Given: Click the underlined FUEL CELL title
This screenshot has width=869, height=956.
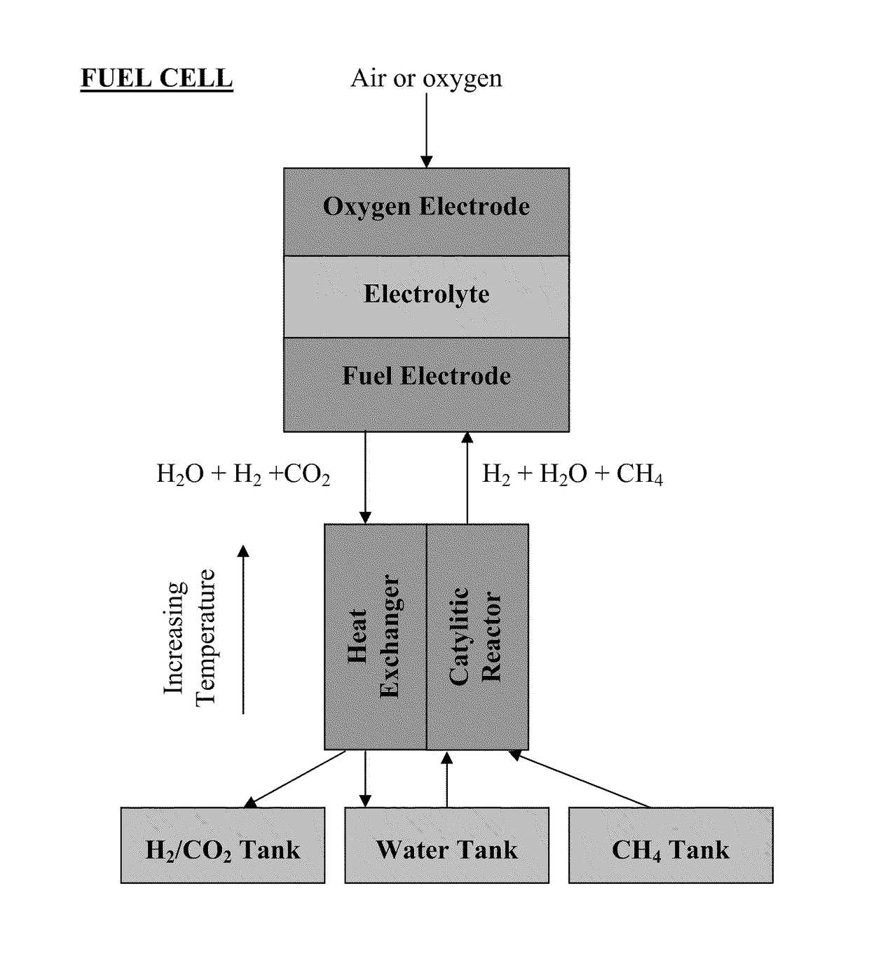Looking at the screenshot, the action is [x=156, y=78].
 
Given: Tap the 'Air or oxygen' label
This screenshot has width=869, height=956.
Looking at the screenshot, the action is [x=426, y=79].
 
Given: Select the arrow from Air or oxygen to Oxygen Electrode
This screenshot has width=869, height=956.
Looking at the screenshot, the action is [x=426, y=130].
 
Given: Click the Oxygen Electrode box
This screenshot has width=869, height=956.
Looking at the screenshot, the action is [x=426, y=212].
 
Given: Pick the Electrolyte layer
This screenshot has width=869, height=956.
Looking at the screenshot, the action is [x=426, y=297].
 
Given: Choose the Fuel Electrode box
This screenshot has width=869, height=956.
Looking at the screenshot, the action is [x=426, y=385].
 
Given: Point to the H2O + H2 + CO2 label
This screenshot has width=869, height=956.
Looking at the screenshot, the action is [x=243, y=475].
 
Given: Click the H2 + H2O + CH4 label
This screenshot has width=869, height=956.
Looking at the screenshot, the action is [x=573, y=475].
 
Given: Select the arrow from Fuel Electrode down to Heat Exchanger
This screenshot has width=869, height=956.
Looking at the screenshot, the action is [x=365, y=478].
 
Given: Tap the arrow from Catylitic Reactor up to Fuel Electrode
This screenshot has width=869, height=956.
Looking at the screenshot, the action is [x=467, y=478].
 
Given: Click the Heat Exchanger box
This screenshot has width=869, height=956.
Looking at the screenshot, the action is [x=376, y=637].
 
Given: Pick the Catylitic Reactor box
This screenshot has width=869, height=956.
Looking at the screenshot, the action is [x=477, y=637].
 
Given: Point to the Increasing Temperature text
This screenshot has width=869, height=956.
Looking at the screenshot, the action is [x=189, y=637].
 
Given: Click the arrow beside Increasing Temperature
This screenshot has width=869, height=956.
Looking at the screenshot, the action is [x=243, y=629].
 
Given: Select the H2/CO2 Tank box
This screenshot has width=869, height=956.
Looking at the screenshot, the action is [x=223, y=845].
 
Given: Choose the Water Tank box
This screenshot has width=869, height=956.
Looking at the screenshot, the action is [x=447, y=845].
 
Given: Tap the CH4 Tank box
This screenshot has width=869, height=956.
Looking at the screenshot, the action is [x=671, y=845].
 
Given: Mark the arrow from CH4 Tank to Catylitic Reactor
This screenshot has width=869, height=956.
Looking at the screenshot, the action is [x=579, y=780].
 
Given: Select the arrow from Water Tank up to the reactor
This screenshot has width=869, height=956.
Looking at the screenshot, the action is [x=447, y=780].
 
